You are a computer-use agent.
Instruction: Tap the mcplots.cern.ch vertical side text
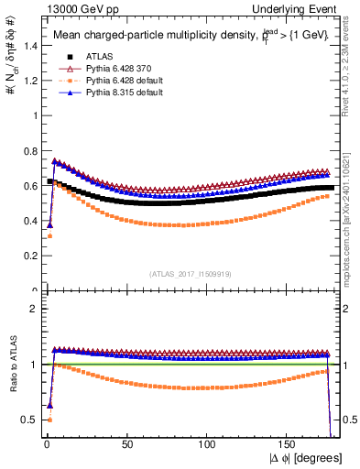pyautogui.click(x=352, y=220)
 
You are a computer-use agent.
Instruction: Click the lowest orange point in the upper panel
pyautogui.click(x=48, y=236)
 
